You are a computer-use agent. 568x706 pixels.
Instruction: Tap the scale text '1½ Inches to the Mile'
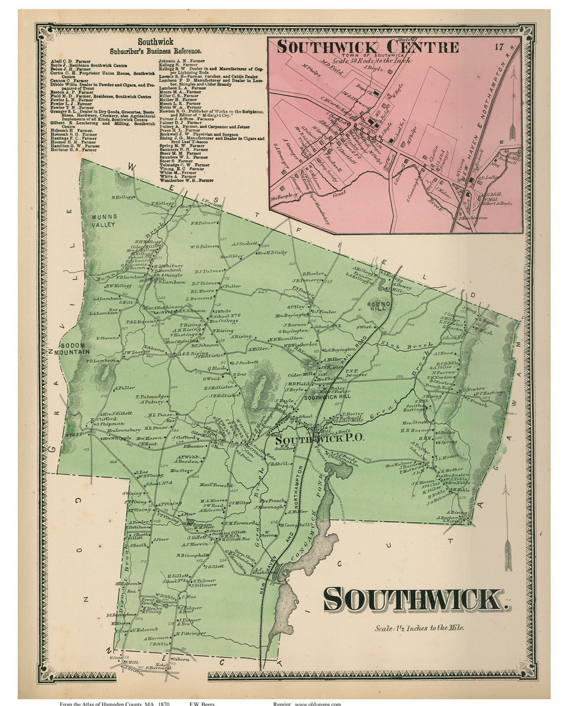[421, 628]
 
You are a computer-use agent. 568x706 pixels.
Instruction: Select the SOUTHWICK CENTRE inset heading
[368, 47]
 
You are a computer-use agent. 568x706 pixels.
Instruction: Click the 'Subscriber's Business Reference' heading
[156, 51]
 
